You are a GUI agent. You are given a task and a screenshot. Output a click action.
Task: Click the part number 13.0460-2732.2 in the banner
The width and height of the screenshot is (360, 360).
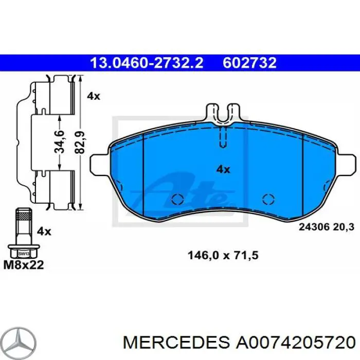tap(147, 63)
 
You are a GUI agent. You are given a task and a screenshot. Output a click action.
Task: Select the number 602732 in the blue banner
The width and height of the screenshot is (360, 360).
tap(249, 63)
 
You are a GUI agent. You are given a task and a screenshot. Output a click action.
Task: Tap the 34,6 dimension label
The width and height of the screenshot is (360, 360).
tap(60, 142)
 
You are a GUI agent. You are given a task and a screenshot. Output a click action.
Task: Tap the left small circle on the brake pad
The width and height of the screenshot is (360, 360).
tap(177, 200)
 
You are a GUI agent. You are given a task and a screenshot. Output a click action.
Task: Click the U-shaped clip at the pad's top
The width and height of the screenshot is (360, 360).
tap(222, 114)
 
